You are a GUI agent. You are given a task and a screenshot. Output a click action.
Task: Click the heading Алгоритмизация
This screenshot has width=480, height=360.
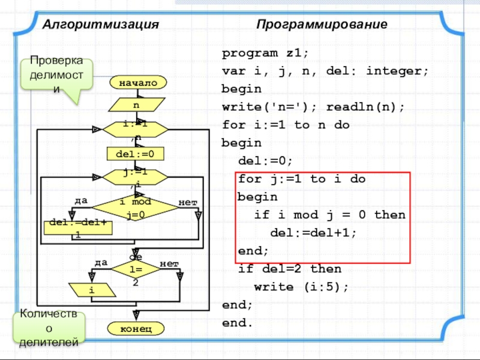click(x=100, y=25)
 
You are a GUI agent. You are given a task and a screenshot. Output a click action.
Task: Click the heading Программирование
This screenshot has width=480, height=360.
click(x=322, y=25)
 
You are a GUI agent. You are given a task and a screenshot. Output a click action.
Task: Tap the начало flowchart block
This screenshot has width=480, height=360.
click(x=137, y=83)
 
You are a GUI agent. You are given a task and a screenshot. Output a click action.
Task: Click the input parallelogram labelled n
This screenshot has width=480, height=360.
click(x=137, y=106)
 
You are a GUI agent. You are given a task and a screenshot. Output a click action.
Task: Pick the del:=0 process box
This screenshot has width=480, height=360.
click(x=136, y=154)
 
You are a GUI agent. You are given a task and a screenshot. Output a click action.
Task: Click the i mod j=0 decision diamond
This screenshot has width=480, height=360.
click(x=135, y=207)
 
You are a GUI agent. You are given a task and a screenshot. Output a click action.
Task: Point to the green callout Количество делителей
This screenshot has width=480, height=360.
click(x=49, y=328)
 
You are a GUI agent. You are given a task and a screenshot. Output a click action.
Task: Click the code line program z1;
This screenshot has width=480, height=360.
click(x=265, y=53)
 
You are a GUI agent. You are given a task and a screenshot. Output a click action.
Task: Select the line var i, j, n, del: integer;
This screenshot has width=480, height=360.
click(x=325, y=71)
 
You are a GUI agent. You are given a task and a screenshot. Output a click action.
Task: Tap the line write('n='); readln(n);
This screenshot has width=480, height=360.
click(x=313, y=107)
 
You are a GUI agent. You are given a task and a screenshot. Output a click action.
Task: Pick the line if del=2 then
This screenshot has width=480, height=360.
click(x=290, y=269)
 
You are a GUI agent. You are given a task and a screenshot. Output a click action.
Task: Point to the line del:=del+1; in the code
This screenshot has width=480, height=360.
click(x=314, y=233)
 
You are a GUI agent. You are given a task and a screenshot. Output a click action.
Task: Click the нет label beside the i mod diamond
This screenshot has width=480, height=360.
click(x=187, y=202)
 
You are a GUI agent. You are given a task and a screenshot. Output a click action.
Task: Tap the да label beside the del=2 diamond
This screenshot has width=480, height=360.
click(x=101, y=263)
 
